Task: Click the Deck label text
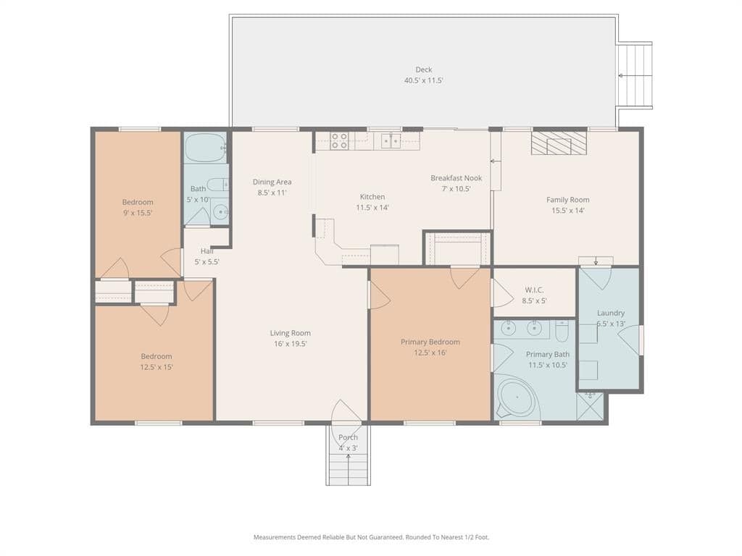click(x=423, y=69)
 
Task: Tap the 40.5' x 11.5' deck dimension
click(x=423, y=80)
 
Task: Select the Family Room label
click(x=568, y=200)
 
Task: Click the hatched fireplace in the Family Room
click(x=559, y=143)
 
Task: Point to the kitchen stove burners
click(x=339, y=141)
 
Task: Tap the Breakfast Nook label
click(x=457, y=178)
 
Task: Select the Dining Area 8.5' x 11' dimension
click(x=272, y=193)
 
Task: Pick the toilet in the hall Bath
click(x=219, y=184)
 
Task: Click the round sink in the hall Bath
click(x=220, y=212)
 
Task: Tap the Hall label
click(x=207, y=251)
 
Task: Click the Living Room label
click(x=291, y=333)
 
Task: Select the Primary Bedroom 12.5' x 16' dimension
click(x=430, y=353)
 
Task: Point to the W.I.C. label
click(x=534, y=290)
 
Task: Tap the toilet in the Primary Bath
click(x=562, y=331)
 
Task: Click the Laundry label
click(x=611, y=313)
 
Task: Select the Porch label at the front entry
click(x=349, y=437)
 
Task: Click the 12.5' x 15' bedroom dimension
click(x=157, y=367)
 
